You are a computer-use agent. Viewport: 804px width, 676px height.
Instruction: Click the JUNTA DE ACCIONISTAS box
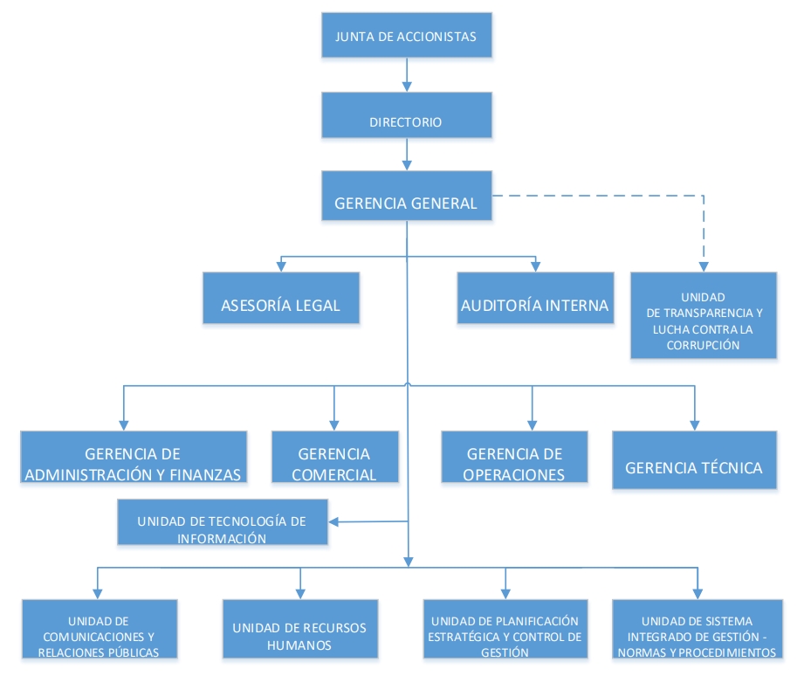click(x=406, y=37)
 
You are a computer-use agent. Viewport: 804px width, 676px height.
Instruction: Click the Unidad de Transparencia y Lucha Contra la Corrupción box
click(x=704, y=315)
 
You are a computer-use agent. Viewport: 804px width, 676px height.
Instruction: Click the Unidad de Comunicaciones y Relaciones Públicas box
click(x=100, y=629)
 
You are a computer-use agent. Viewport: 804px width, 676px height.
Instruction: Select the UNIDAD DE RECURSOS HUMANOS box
click(x=300, y=629)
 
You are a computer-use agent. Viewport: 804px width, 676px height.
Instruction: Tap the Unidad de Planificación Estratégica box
click(x=505, y=629)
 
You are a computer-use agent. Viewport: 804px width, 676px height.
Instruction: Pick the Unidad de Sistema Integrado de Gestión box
click(x=696, y=629)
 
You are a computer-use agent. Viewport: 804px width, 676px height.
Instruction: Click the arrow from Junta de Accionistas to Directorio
click(x=406, y=75)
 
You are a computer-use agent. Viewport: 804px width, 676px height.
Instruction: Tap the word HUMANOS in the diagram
click(x=300, y=645)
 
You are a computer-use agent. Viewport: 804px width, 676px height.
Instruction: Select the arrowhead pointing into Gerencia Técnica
click(x=696, y=424)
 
